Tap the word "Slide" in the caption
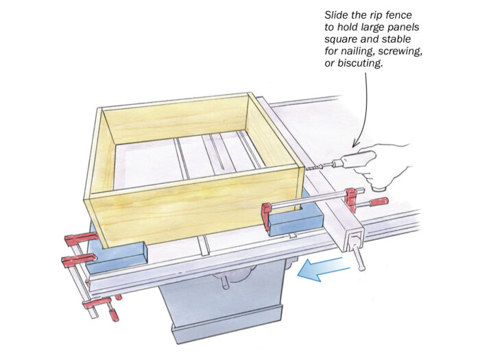point(338,14)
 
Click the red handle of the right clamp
point(378,202)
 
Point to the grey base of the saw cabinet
point(226,329)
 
